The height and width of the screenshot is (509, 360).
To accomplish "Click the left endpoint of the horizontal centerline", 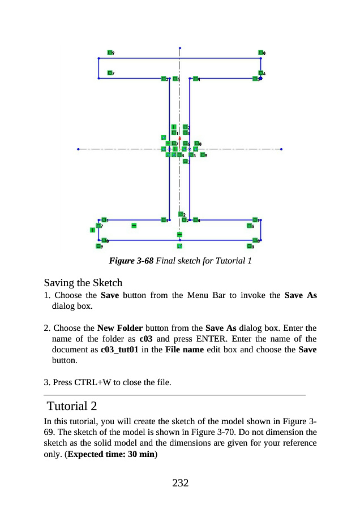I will point(78,149).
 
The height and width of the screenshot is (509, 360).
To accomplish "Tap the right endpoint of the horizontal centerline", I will point(281,149).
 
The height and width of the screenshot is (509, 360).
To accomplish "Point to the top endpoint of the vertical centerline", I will point(179,48).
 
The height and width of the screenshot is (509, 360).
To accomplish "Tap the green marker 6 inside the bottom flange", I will point(249,226).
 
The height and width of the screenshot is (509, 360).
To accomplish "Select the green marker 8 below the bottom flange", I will point(249,246).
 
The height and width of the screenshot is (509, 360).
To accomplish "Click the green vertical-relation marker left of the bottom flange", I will point(92,230).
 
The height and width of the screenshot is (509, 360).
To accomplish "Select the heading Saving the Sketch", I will point(83,282).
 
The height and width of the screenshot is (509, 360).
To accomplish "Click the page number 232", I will point(180,482).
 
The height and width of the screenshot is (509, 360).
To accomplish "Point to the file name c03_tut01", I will point(118,350).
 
